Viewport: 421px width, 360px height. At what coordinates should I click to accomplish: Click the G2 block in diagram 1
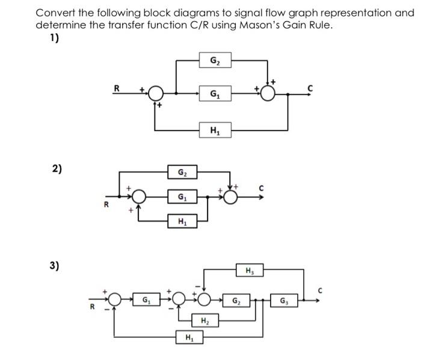pyautogui.click(x=215, y=60)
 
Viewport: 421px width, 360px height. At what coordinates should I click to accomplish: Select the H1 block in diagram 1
pyautogui.click(x=215, y=129)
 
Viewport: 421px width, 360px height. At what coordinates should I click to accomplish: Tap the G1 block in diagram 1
pyautogui.click(x=215, y=94)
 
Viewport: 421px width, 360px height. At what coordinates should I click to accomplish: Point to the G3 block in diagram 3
pyautogui.click(x=283, y=299)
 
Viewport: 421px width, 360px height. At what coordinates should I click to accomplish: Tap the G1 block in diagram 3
pyautogui.click(x=146, y=299)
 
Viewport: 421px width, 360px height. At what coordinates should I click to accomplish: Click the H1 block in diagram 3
pyautogui.click(x=189, y=337)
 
